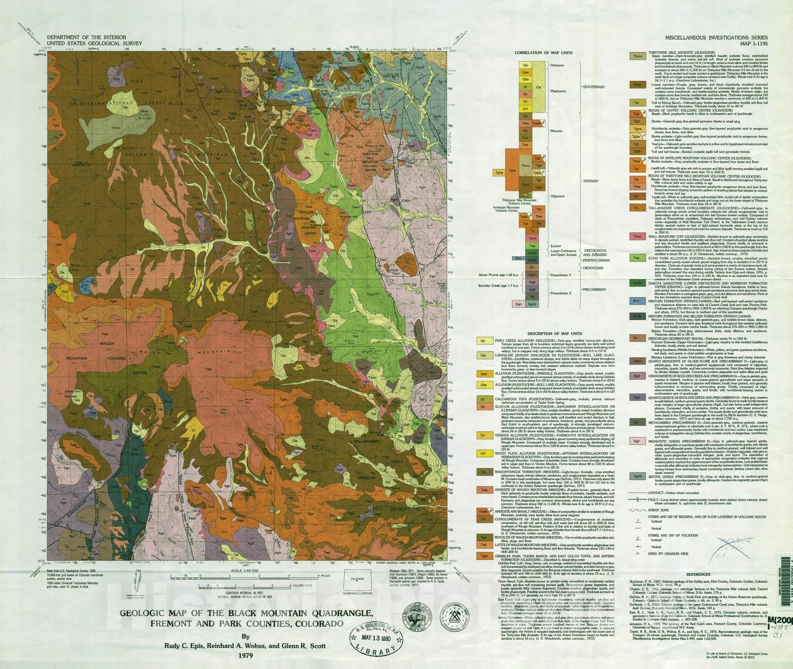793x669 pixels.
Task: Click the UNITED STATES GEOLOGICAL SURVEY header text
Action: [x=94, y=44]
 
